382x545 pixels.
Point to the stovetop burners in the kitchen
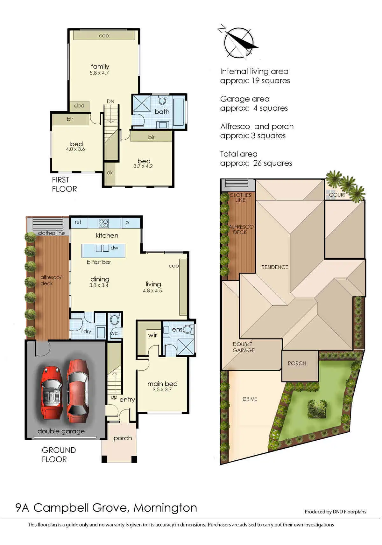coord(104,223)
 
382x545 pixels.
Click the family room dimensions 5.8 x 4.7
coord(99,73)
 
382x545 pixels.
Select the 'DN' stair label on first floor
coord(110,101)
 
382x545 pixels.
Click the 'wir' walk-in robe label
coord(152,335)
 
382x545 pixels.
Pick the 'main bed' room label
coord(162,384)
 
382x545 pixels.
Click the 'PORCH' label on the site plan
coord(297,363)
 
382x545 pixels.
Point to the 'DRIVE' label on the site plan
coord(250,399)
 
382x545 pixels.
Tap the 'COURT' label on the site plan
coord(337,195)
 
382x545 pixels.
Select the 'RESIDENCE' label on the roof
coord(275,267)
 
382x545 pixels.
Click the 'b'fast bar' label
coord(99,262)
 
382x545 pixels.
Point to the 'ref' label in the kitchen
coord(78,222)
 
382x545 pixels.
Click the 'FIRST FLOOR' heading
coord(64,184)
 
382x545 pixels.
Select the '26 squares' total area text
coord(272,163)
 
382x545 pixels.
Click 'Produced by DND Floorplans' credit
coord(335,512)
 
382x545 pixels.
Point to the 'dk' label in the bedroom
coord(110,172)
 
